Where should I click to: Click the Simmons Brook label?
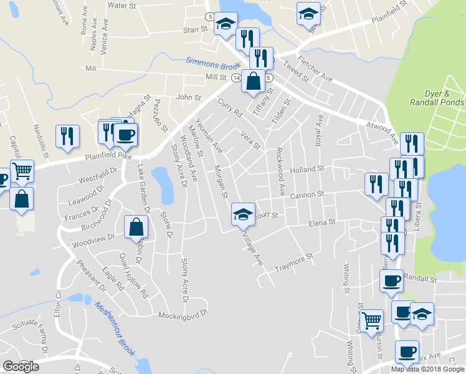pyautogui.click(x=212, y=63)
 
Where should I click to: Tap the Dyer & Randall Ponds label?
pyautogui.click(x=437, y=97)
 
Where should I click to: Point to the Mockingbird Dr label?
pyautogui.click(x=183, y=314)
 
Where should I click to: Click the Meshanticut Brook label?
pyautogui.click(x=115, y=329)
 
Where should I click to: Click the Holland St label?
pyautogui.click(x=307, y=169)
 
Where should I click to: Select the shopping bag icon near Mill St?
pyautogui.click(x=252, y=81)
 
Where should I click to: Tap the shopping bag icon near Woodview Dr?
pyautogui.click(x=136, y=228)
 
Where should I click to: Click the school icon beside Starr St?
pyautogui.click(x=225, y=25)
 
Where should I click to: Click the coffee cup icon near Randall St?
pyautogui.click(x=391, y=281)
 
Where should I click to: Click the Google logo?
pyautogui.click(x=21, y=366)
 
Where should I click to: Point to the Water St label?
pyautogui.click(x=121, y=5)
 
